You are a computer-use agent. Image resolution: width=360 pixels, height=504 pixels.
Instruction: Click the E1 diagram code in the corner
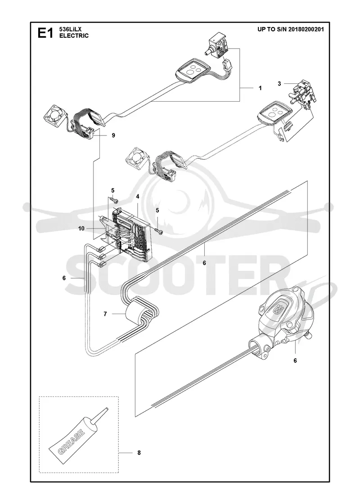pyautogui.click(x=45, y=33)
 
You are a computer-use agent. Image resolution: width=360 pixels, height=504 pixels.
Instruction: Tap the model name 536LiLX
pyautogui.click(x=71, y=30)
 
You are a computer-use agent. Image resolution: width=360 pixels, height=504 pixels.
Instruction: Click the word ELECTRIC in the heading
pyautogui.click(x=74, y=36)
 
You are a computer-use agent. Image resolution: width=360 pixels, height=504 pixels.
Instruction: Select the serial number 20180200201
pyautogui.click(x=306, y=29)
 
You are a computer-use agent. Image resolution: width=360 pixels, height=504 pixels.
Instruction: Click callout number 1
pyautogui.click(x=261, y=88)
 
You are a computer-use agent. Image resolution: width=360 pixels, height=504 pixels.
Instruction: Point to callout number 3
pyautogui.click(x=279, y=84)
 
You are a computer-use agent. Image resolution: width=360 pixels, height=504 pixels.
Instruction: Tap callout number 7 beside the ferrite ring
pyautogui.click(x=105, y=314)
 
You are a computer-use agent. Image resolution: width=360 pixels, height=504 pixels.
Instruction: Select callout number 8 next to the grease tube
pyautogui.click(x=139, y=453)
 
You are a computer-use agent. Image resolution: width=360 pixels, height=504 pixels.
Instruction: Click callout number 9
pyautogui.click(x=113, y=135)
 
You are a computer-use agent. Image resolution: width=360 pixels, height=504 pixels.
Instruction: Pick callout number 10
pyautogui.click(x=81, y=229)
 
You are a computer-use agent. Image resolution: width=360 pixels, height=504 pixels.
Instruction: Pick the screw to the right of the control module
pyautogui.click(x=158, y=230)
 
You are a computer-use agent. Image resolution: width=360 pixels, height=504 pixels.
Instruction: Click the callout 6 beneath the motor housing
pyautogui.click(x=295, y=360)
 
